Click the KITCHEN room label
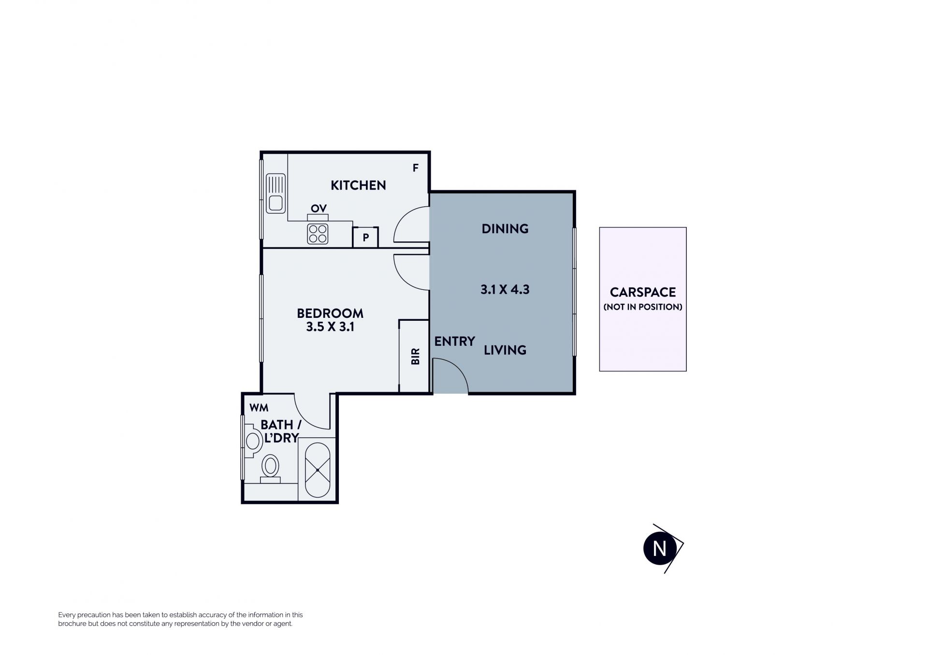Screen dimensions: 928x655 (x=358, y=185)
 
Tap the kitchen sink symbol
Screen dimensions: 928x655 (x=275, y=194)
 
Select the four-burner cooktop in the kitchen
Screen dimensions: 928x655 (x=318, y=234)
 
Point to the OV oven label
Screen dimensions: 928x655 (x=319, y=209)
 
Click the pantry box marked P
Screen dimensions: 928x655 (x=365, y=237)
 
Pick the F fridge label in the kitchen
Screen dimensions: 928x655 (x=415, y=168)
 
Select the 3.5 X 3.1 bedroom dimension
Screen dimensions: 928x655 (x=330, y=327)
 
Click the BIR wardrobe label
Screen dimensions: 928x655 (x=415, y=356)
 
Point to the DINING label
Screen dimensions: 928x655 (x=505, y=228)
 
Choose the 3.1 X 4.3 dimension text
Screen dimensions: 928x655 (x=505, y=289)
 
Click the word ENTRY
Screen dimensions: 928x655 (x=454, y=342)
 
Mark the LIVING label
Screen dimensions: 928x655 (x=505, y=350)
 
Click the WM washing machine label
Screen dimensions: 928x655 (x=259, y=408)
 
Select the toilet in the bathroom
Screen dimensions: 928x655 (x=271, y=469)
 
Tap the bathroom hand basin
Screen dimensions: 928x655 (x=252, y=441)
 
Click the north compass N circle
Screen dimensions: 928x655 (x=659, y=549)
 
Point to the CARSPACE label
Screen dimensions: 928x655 (x=643, y=292)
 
